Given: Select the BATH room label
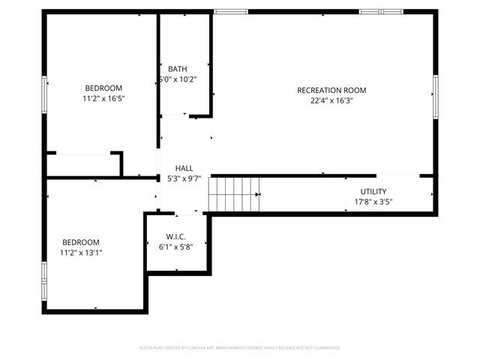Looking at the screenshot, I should (178, 69).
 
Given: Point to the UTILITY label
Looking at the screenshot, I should (373, 192).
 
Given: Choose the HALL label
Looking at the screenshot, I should (184, 168).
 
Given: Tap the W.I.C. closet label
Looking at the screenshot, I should (175, 237).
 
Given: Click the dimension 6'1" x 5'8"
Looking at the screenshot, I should (175, 247).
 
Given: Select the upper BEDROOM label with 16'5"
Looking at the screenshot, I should (103, 88).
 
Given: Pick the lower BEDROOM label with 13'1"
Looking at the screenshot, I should (80, 242).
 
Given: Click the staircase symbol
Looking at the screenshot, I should (234, 193).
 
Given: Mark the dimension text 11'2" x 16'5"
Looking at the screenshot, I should (103, 98).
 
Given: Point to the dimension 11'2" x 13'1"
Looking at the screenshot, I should (80, 253).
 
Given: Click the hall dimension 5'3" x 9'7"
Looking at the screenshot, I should (184, 178).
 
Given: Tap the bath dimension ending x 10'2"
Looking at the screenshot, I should (178, 79).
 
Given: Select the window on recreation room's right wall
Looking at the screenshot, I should (435, 96).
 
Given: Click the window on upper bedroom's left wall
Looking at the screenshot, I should (45, 96).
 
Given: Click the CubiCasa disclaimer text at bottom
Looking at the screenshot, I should (240, 348).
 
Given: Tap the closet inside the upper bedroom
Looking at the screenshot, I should (81, 164).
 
